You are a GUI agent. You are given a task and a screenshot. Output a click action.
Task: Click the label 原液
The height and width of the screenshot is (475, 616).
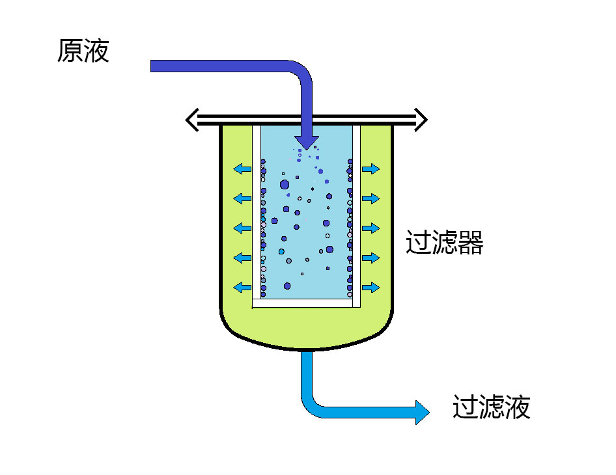83,51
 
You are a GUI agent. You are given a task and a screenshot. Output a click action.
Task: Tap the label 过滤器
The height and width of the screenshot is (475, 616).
444,242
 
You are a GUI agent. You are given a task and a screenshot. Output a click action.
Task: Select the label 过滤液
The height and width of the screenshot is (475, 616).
492,407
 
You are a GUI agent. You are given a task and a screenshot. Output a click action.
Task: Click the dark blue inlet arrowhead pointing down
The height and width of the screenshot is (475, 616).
307,142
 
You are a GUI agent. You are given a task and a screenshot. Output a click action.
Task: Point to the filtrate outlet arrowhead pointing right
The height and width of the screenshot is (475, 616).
423,413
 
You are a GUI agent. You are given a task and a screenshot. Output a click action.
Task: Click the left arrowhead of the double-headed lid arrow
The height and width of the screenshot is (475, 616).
191,120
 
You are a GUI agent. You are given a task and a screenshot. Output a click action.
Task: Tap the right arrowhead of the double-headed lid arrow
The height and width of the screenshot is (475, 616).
421,120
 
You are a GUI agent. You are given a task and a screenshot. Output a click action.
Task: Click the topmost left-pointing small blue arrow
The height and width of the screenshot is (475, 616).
242,169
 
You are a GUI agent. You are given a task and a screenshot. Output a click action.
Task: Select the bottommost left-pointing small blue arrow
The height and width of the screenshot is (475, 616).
242,288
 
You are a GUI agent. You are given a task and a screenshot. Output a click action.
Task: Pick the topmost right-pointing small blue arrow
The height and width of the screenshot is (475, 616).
371,169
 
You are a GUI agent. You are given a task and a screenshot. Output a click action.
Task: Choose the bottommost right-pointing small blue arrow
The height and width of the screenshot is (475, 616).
371,288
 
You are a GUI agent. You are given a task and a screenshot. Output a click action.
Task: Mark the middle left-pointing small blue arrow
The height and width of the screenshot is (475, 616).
242,228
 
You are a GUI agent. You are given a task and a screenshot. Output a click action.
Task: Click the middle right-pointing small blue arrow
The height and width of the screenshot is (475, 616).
371,228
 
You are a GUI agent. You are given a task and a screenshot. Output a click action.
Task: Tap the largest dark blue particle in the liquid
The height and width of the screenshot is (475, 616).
285,185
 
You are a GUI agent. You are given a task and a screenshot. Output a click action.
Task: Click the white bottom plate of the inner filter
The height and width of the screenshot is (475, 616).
303,303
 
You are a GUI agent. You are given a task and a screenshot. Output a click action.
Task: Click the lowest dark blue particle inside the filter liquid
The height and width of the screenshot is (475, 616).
287,286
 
